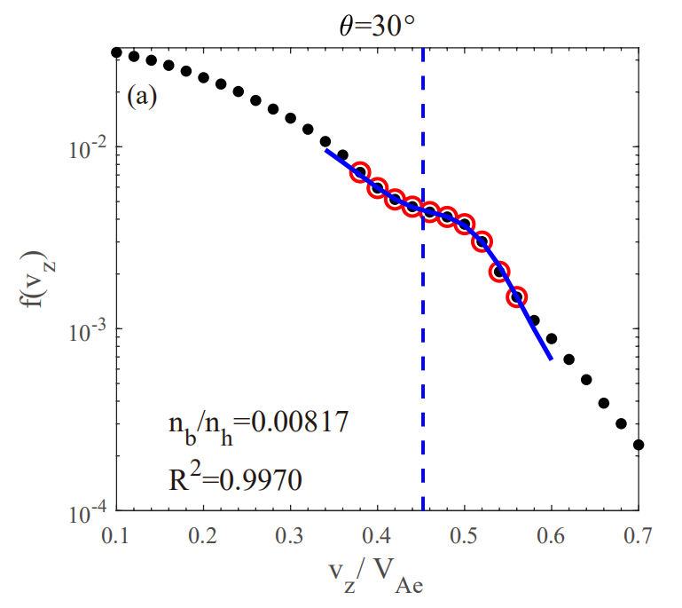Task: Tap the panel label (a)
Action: [x=141, y=96]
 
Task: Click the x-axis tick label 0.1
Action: [x=115, y=535]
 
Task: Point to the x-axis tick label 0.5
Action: [x=464, y=535]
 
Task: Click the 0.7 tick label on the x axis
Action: [x=639, y=535]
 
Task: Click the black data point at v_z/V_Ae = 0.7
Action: [x=639, y=445]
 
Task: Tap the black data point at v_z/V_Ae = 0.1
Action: [x=116, y=53]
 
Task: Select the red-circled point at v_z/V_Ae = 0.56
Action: [x=516, y=296]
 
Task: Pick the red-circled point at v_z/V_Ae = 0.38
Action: [x=360, y=172]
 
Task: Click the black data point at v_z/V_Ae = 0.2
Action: [x=203, y=78]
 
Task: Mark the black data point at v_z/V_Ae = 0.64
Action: [x=586, y=379]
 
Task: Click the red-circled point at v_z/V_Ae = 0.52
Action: [x=482, y=241]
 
